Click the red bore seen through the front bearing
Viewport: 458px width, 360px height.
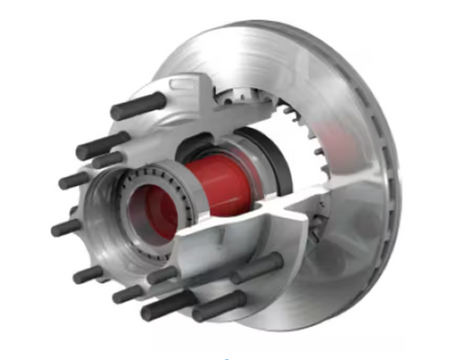pyautogui.click(x=152, y=213)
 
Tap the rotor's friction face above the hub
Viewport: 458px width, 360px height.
pyautogui.click(x=275, y=46)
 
